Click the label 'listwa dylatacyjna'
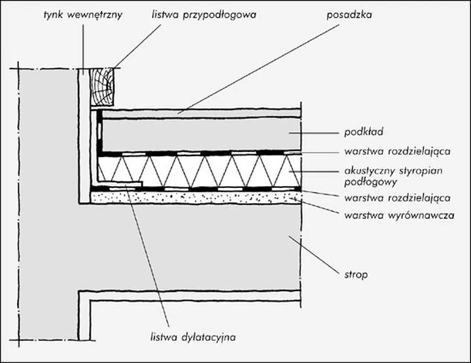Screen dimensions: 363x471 click(x=192, y=338)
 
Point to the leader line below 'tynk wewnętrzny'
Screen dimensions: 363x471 click(x=83, y=46)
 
